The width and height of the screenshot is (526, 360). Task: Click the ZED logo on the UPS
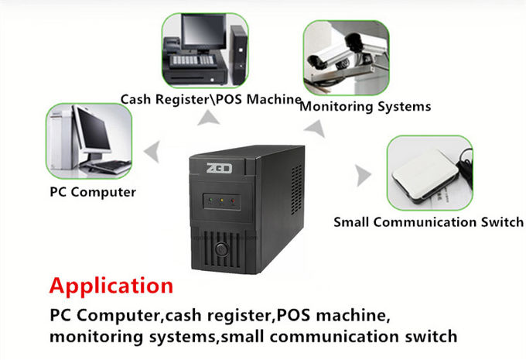pos(219,168)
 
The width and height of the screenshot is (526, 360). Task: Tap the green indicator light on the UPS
pos(210,201)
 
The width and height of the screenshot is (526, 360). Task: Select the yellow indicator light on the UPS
pos(221,201)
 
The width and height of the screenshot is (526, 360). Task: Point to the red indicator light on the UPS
pos(233,201)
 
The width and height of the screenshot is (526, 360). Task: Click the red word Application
pos(111,286)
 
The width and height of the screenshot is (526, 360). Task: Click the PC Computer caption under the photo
pos(93,193)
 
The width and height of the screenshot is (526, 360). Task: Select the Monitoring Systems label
pos(365,107)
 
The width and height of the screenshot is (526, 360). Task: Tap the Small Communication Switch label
pos(429,222)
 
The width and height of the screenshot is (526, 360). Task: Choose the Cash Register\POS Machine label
pos(210,99)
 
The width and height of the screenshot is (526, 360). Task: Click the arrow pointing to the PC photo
pos(152,152)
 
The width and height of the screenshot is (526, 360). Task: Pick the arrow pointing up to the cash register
pos(208,118)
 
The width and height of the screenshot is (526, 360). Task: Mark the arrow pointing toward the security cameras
pos(316,128)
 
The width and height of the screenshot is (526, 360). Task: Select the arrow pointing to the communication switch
pos(364,175)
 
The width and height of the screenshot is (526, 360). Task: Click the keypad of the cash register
pos(192,60)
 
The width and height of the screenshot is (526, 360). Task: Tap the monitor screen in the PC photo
pos(94,129)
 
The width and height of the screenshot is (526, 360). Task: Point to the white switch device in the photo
pos(425,175)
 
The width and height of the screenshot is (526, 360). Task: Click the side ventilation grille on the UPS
pos(296,190)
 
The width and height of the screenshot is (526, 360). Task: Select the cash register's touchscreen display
pos(203,30)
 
